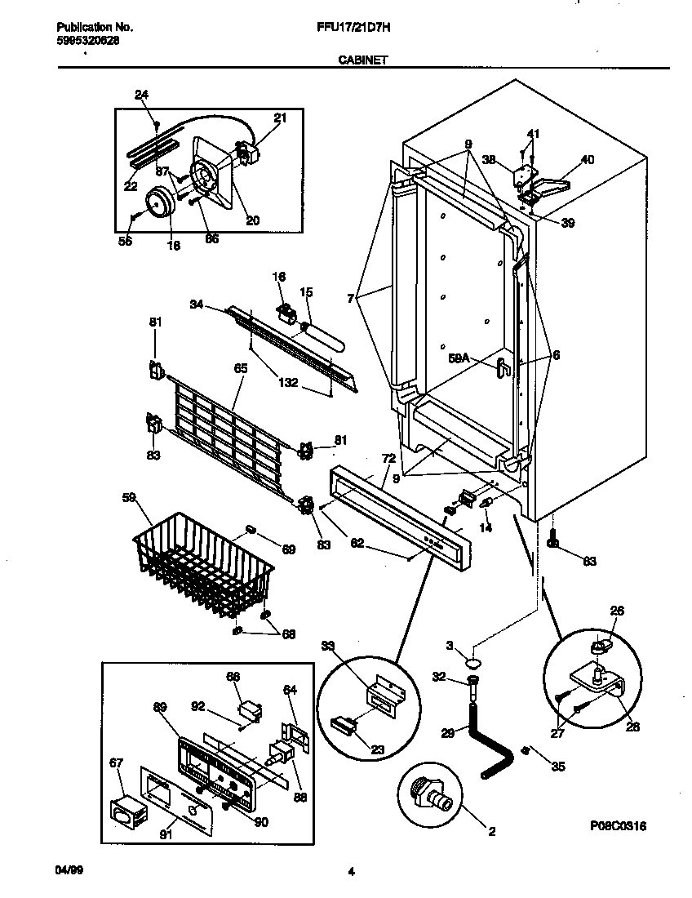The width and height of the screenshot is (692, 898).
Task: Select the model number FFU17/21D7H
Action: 352,27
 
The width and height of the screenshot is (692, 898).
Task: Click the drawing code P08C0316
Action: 619,826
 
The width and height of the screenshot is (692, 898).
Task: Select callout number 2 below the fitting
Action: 491,832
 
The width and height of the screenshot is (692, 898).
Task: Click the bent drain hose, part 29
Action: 481,743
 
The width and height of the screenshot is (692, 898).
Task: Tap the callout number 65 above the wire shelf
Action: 240,369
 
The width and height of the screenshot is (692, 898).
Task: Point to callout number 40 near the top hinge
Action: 587,160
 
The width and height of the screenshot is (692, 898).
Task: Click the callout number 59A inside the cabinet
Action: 459,357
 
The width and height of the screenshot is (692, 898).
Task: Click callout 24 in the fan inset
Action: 141,95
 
